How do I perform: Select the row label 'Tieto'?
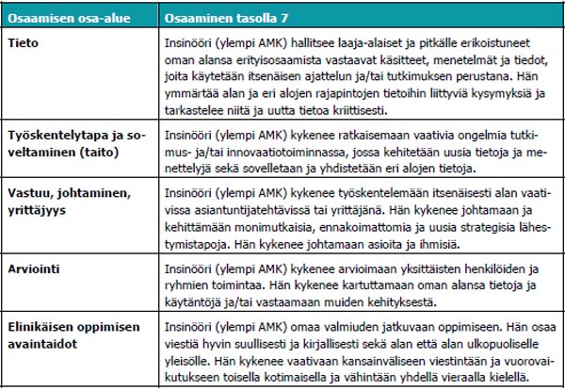click(24, 43)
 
